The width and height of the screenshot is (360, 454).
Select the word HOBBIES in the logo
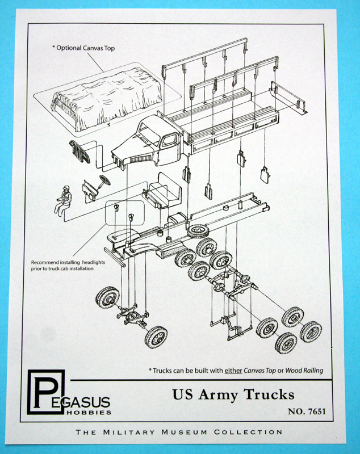coord(91,412)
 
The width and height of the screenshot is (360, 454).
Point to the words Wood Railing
coord(304,371)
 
